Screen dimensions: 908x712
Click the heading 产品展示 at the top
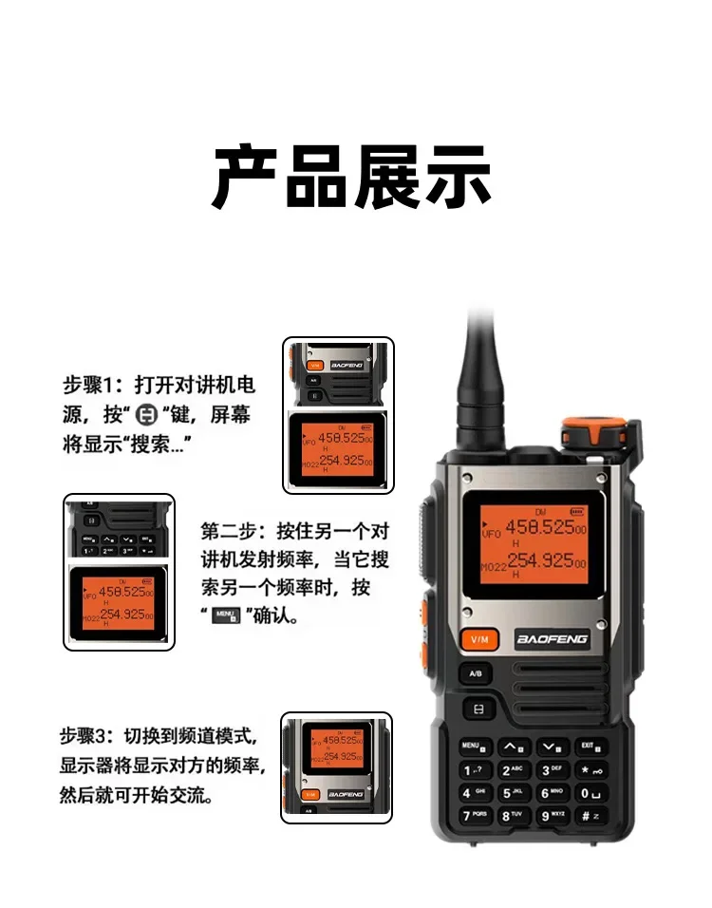click(352, 178)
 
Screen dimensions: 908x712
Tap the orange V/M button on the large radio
click(478, 639)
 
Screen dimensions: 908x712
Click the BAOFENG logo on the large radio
click(552, 639)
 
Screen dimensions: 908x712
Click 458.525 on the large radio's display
click(537, 527)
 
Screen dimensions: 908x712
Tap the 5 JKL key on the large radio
click(513, 792)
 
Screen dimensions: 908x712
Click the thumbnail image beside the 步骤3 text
click(336, 766)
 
